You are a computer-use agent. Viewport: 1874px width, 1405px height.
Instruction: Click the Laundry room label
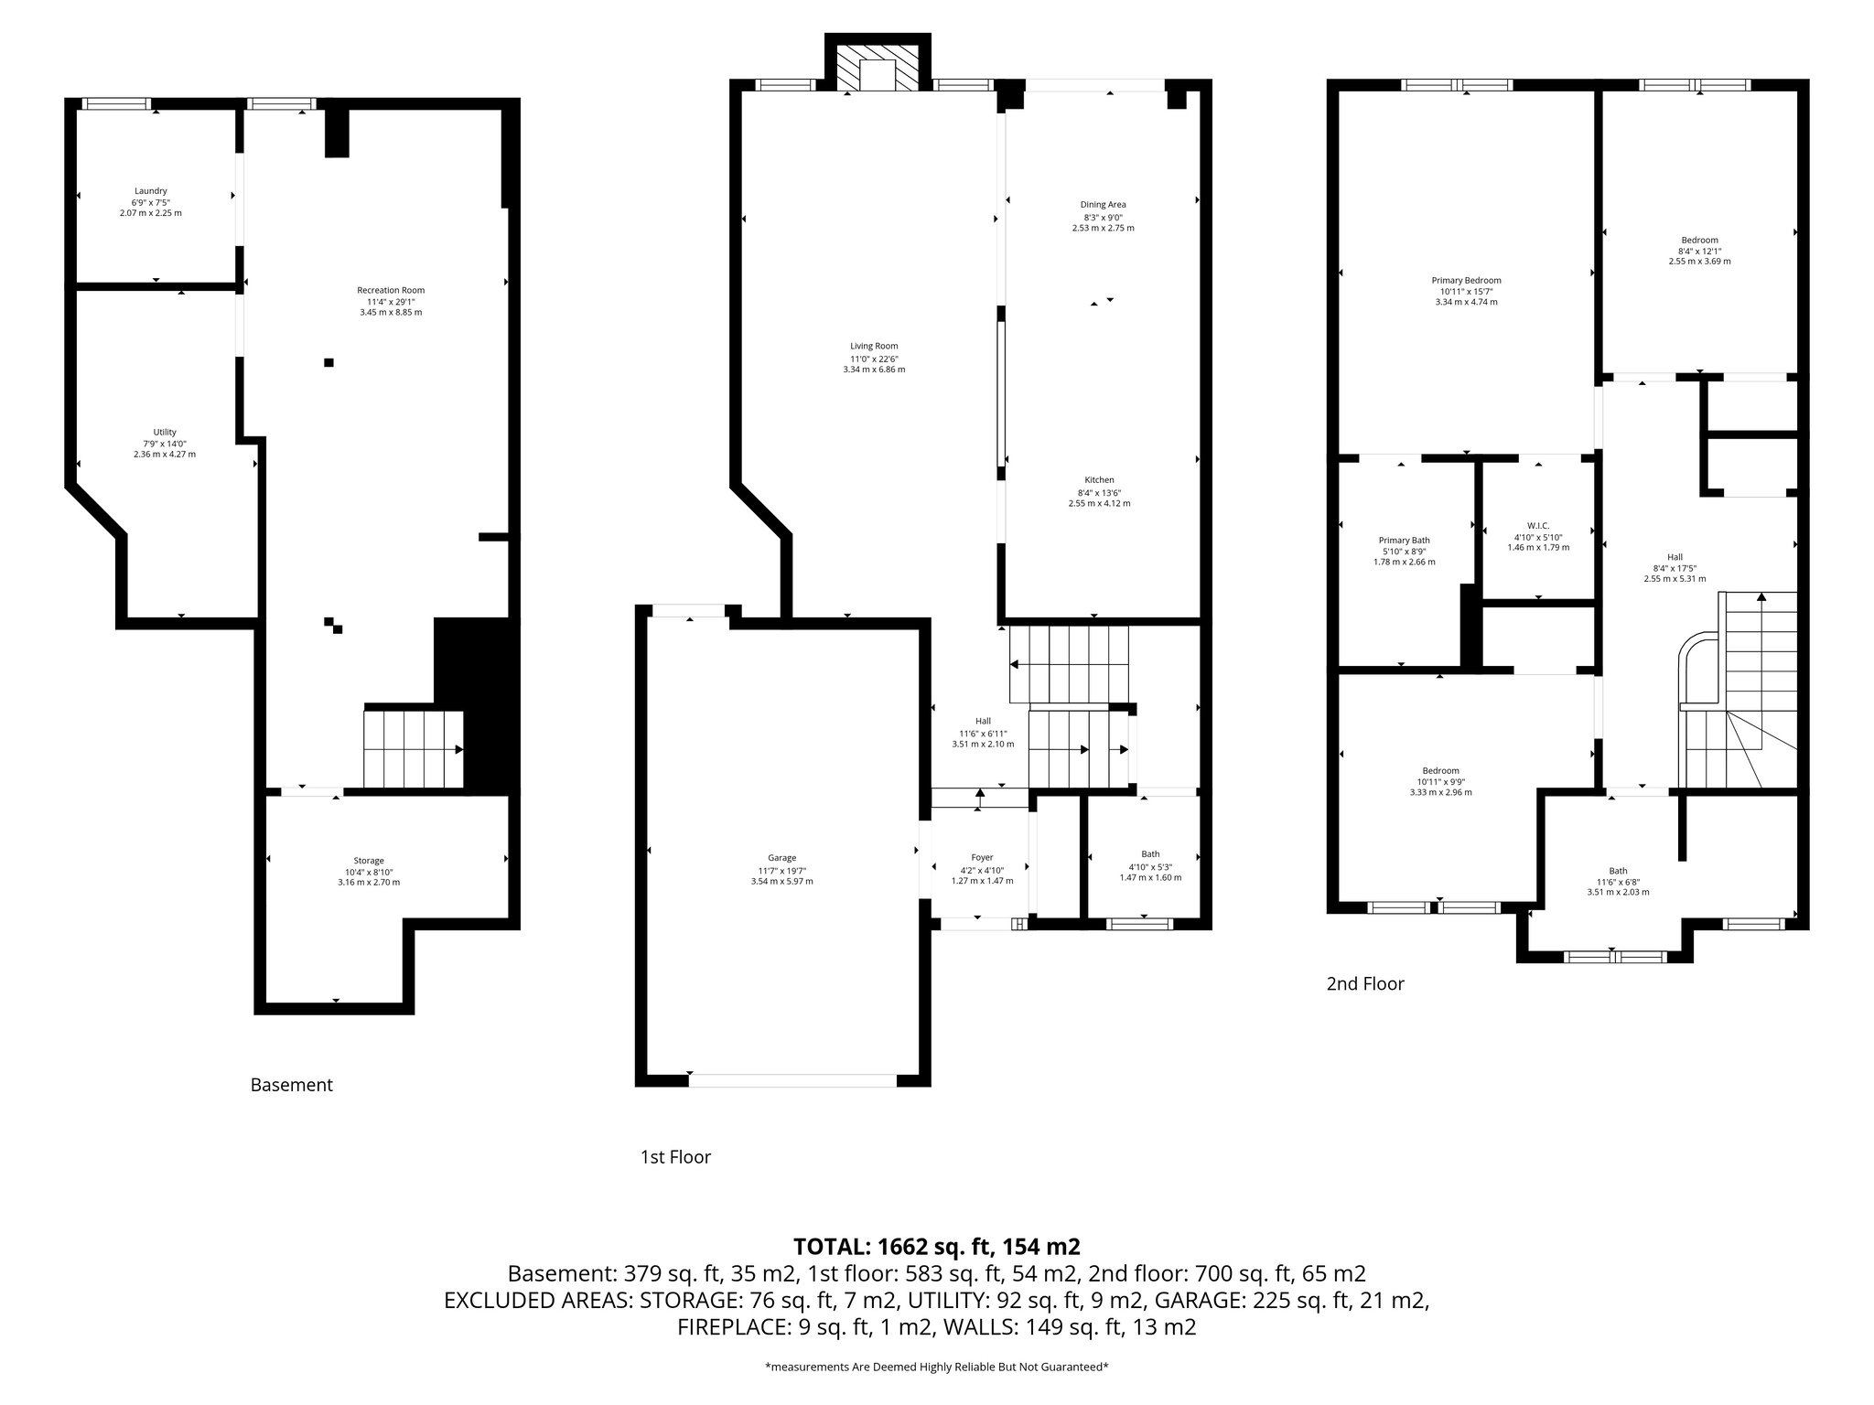[x=150, y=191]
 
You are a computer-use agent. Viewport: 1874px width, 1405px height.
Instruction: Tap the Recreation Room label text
[x=391, y=291]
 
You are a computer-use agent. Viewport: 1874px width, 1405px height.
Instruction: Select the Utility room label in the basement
[x=165, y=433]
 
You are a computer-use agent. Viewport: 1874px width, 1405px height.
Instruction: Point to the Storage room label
[x=369, y=861]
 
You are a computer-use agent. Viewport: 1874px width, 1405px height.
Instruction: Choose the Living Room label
[x=874, y=347]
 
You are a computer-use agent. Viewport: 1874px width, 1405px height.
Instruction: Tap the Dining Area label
[x=1103, y=205]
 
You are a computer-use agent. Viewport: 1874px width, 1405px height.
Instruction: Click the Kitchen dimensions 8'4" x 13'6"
[x=1099, y=492]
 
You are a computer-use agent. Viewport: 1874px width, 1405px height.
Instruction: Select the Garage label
[x=781, y=858]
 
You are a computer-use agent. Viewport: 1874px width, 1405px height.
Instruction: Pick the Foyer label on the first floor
[x=982, y=858]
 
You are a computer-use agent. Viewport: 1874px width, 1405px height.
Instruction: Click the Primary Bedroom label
[x=1466, y=281]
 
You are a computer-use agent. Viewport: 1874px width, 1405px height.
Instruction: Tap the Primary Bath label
[x=1404, y=541]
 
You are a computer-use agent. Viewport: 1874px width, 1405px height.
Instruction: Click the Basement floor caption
[x=291, y=1085]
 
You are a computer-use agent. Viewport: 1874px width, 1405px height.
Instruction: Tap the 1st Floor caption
[x=675, y=1157]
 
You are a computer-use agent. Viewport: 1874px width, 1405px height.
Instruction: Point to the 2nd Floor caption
[x=1364, y=984]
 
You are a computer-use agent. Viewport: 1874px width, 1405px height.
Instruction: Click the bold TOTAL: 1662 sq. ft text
[x=936, y=1247]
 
